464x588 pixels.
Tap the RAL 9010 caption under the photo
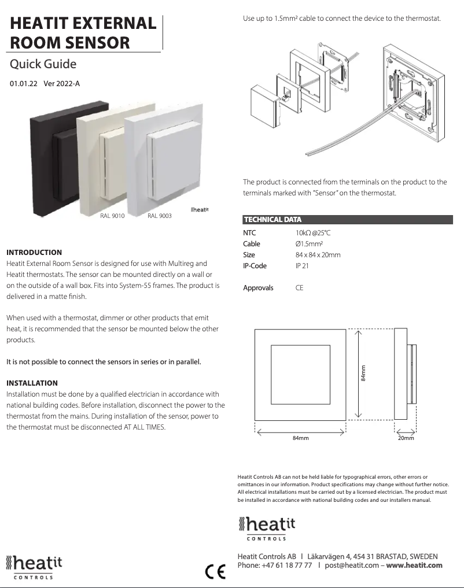click(112, 216)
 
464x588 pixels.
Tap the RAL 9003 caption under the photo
click(160, 216)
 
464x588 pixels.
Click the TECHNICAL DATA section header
click(272, 220)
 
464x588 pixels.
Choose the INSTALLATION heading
click(32, 383)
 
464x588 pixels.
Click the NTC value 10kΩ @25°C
click(313, 233)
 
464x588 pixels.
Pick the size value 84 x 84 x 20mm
click(318, 255)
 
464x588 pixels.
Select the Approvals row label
click(258, 287)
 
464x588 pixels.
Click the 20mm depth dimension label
click(406, 438)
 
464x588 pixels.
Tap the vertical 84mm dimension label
click(363, 373)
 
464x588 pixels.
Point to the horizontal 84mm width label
click(300, 438)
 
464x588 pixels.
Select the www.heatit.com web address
click(414, 565)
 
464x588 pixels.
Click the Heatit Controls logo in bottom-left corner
click(34, 566)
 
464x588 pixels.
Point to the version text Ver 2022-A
click(62, 83)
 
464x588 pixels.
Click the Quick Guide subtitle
click(43, 64)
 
